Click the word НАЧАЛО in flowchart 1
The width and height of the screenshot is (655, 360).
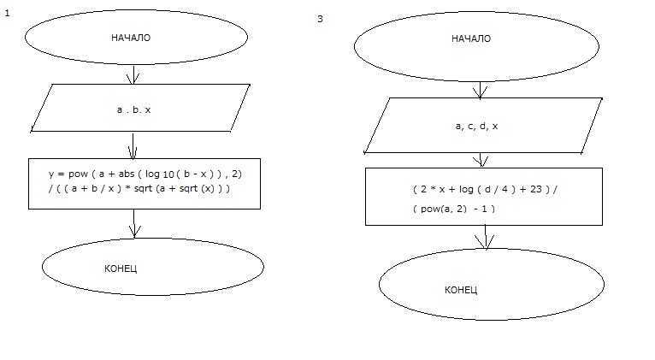point(131,38)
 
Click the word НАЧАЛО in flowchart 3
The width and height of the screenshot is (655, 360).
point(471,38)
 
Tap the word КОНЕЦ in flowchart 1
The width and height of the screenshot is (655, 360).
point(121,268)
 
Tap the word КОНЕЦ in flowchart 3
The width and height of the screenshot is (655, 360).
point(461,290)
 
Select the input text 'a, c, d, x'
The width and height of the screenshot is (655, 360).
point(477,126)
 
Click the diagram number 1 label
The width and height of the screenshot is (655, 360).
point(7,15)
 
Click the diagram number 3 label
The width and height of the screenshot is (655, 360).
point(320,19)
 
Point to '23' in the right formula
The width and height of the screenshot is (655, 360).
point(534,190)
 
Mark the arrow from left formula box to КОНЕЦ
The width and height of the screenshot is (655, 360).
point(133,223)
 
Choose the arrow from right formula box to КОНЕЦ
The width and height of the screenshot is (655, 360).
point(486,237)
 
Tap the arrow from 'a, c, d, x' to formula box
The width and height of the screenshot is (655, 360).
point(483,160)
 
